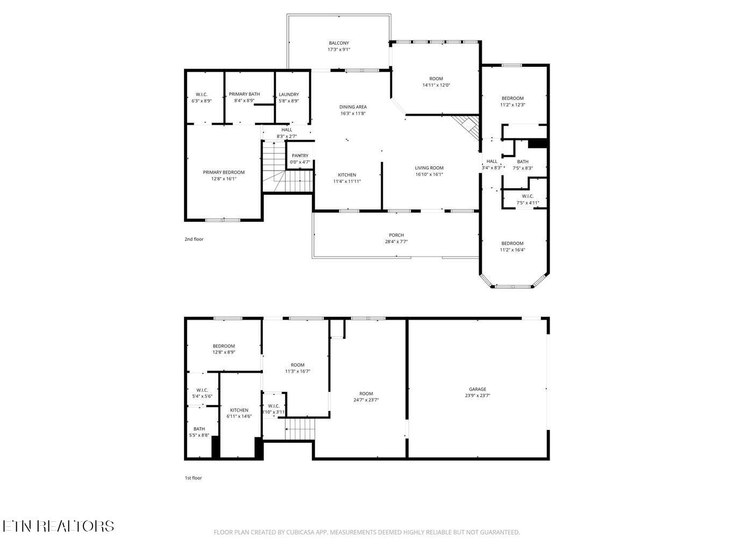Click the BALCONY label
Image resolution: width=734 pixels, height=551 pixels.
coord(339,43)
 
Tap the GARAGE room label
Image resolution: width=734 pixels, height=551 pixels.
coord(478,389)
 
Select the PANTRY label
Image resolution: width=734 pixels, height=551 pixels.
coord(300,156)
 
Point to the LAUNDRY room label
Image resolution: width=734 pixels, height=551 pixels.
coord(289,94)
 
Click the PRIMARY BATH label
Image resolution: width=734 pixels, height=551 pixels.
coord(244,94)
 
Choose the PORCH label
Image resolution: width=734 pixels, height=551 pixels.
coord(396,235)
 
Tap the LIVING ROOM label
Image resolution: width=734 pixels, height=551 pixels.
coord(429,168)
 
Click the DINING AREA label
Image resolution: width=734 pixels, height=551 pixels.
coord(353,107)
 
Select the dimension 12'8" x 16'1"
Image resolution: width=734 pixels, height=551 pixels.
coord(224,179)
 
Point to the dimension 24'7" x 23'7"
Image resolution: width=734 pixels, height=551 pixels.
coord(366,400)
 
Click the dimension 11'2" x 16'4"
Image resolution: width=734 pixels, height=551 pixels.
coord(512,250)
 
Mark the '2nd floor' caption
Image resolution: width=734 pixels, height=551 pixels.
coord(194,239)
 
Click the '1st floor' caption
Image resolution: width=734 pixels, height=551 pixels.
coord(194,478)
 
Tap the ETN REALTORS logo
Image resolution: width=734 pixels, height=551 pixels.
coord(58,526)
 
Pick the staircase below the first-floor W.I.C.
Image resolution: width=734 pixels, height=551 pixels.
coord(299,429)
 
